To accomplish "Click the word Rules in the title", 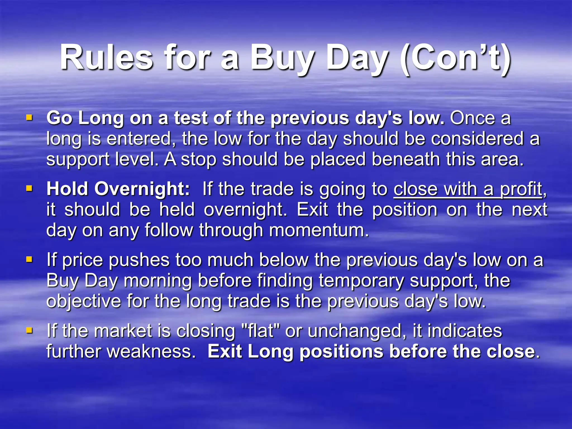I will pyautogui.click(x=106, y=58).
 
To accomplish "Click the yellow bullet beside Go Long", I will pyautogui.click(x=29, y=117).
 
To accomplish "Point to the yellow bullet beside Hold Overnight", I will pyautogui.click(x=29, y=188).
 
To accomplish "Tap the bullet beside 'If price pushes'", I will pyautogui.click(x=29, y=259).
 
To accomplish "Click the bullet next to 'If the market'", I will pyautogui.click(x=29, y=330).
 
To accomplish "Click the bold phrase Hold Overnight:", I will pyautogui.click(x=118, y=189).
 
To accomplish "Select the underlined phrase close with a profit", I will pyautogui.click(x=468, y=189).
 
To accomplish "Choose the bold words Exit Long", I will pyautogui.click(x=250, y=352).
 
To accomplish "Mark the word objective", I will pyautogui.click(x=83, y=302).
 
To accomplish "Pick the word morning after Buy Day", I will pyautogui.click(x=158, y=281).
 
